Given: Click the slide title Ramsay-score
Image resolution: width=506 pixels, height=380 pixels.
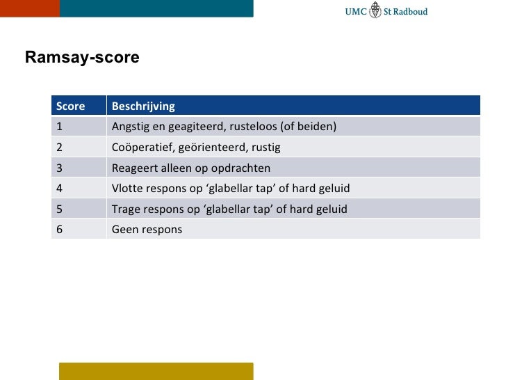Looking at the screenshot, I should point(82,57).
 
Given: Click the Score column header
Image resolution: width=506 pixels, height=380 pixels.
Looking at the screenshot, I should point(70,106).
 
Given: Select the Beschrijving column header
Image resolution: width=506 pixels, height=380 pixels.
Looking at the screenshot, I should point(143,106).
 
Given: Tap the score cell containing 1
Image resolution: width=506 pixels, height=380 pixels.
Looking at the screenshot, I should point(60,127).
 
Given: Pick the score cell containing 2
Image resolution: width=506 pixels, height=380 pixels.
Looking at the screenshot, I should point(60,148).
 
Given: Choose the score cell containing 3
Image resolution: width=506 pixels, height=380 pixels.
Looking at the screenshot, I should point(60,168).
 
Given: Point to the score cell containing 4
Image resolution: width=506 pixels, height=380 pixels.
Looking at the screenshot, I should point(60,189).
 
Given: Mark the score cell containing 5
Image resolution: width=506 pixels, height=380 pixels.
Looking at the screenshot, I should point(60,209).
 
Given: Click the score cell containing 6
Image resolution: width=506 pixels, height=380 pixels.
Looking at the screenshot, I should point(60,229).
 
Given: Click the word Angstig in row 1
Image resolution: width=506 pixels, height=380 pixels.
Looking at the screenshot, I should point(130,127).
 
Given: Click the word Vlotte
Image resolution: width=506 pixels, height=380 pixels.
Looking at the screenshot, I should point(127,189).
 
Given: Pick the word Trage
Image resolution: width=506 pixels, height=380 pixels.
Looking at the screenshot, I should point(126,209).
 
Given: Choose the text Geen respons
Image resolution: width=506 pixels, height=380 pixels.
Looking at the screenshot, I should point(147,229).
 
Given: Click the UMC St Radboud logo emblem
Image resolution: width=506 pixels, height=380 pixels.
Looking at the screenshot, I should point(376,10).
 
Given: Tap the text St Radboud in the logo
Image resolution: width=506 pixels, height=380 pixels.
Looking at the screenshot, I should point(406,11).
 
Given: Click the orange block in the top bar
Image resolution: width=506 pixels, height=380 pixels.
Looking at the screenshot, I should point(29,8).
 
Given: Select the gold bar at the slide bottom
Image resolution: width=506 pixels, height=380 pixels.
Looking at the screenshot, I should point(156,371).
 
